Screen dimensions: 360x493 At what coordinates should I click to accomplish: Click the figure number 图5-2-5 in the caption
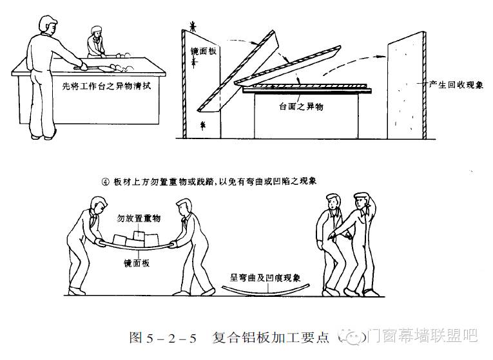pos(157,336)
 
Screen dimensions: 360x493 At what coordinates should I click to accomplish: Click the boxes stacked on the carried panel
pos(139,240)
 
